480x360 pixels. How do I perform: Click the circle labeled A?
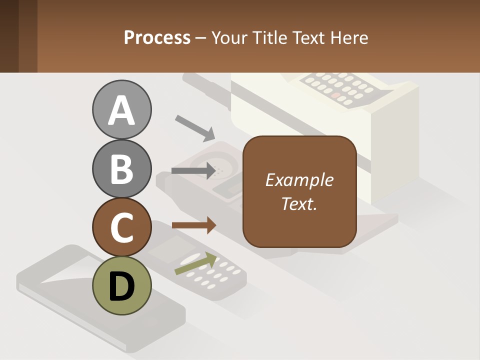click(x=121, y=109)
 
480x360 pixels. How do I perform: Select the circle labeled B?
click(x=121, y=168)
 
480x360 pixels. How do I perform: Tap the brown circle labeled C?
click(x=121, y=227)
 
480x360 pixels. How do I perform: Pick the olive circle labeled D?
click(x=121, y=285)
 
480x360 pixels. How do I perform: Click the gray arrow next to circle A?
click(x=194, y=127)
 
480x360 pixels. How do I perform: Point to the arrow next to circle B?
click(x=193, y=171)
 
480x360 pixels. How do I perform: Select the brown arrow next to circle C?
click(x=194, y=225)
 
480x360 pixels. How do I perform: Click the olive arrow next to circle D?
click(x=195, y=264)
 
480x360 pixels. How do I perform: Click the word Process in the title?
click(x=157, y=38)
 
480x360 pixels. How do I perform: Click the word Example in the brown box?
click(x=299, y=180)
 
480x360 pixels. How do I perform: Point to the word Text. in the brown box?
click(x=299, y=203)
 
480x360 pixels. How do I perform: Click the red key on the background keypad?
click(x=336, y=94)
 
